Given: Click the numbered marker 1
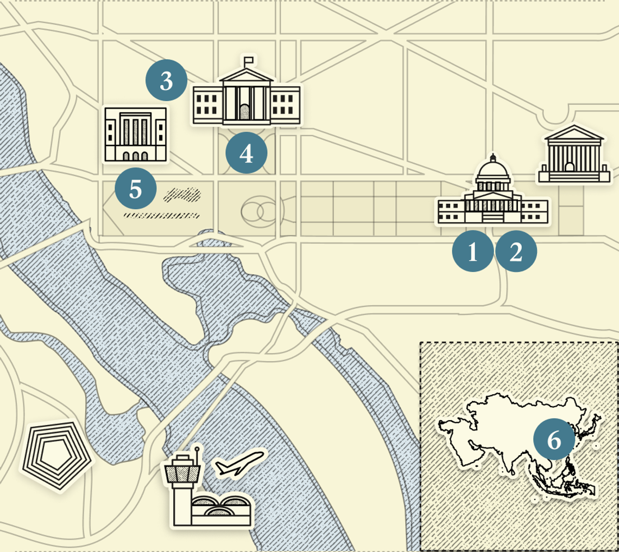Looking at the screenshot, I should pyautogui.click(x=473, y=252).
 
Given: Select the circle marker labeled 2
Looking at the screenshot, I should pyautogui.click(x=516, y=252).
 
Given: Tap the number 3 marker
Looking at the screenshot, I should pyautogui.click(x=166, y=80).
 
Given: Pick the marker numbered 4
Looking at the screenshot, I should pyautogui.click(x=246, y=153).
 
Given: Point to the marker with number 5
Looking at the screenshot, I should pyautogui.click(x=136, y=190).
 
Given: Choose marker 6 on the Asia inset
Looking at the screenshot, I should pyautogui.click(x=553, y=440).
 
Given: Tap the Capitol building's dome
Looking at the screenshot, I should pyautogui.click(x=493, y=172).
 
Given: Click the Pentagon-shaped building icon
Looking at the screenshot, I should pyautogui.click(x=55, y=455).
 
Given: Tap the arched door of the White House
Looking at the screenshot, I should pyautogui.click(x=245, y=112).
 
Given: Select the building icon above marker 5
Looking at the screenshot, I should pyautogui.click(x=135, y=134).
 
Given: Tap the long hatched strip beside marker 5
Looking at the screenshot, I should pyautogui.click(x=161, y=216).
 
